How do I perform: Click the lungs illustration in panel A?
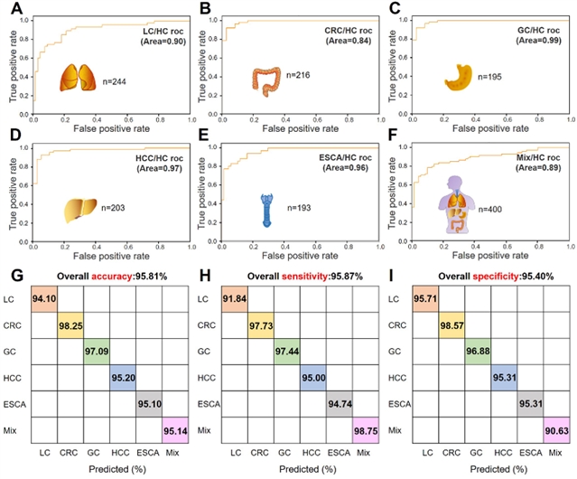click(78, 79)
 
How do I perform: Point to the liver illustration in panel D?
click(77, 209)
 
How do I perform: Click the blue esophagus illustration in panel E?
click(267, 210)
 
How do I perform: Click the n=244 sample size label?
click(118, 80)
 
